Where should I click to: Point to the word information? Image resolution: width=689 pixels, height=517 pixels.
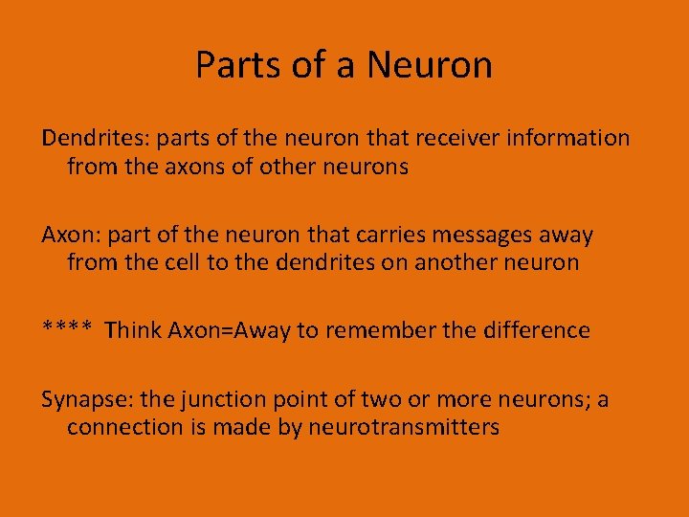570,138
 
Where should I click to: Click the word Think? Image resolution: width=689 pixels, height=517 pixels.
133,330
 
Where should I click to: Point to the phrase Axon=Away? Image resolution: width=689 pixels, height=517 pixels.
230,330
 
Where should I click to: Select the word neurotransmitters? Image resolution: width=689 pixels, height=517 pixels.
403,427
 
